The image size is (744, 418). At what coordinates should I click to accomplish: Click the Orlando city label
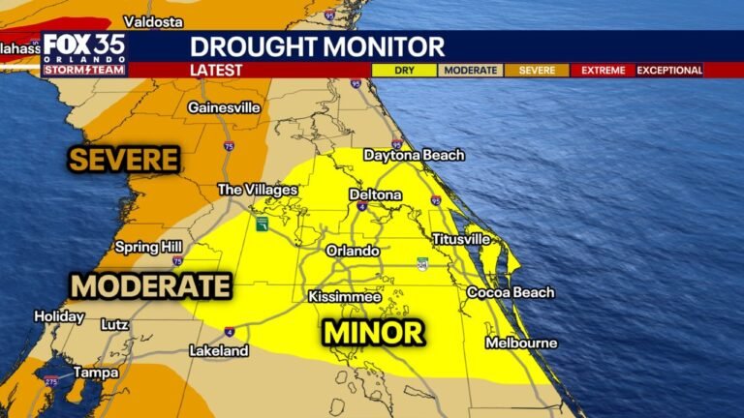(352, 250)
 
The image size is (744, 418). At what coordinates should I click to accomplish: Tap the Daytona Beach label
(414, 155)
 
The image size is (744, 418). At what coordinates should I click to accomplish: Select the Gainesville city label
(224, 107)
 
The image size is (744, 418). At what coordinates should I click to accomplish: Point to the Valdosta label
(156, 21)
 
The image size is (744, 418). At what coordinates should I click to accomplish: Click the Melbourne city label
(521, 343)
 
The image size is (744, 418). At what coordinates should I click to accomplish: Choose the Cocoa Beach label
(511, 292)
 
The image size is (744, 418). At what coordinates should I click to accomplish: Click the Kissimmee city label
(345, 296)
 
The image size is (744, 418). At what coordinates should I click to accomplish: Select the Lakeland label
(218, 350)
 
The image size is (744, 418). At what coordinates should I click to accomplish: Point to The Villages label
(257, 190)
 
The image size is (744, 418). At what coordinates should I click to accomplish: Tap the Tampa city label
(96, 372)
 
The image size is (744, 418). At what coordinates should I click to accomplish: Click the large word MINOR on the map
(373, 333)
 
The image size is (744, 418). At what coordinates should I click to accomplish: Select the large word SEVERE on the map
(123, 160)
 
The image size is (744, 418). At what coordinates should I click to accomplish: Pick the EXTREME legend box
(602, 70)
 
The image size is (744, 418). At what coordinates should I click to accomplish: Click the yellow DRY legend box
(405, 70)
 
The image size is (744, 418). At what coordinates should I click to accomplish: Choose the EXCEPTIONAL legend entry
(669, 70)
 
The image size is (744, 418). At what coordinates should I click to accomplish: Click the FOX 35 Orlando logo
(83, 53)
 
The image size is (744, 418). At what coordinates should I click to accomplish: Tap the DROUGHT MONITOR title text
(317, 45)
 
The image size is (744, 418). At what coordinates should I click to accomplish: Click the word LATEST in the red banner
(216, 70)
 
